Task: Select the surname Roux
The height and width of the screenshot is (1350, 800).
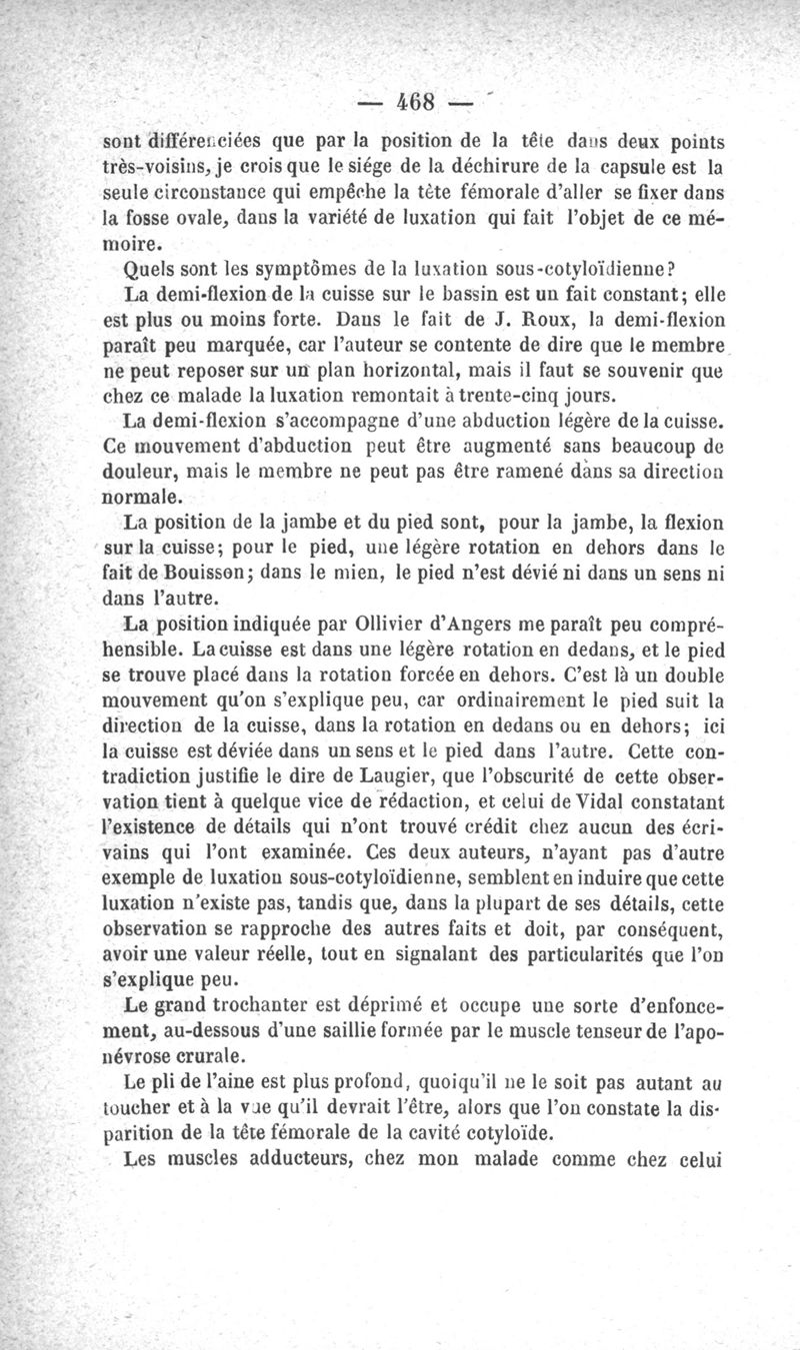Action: pyautogui.click(x=539, y=323)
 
